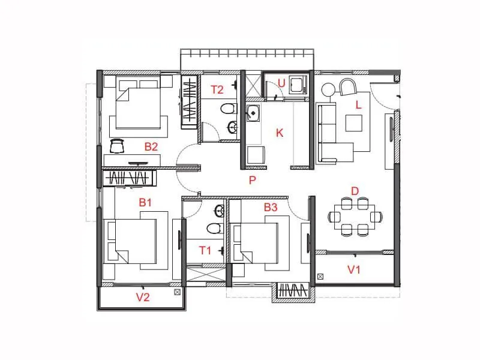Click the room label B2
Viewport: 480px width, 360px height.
pyautogui.click(x=151, y=146)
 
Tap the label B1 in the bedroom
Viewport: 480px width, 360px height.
pyautogui.click(x=145, y=203)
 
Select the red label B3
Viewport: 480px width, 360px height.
pyautogui.click(x=271, y=208)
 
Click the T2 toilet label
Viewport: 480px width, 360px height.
pyautogui.click(x=217, y=90)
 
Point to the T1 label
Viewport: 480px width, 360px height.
pyautogui.click(x=205, y=250)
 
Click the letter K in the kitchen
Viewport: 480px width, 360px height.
pyautogui.click(x=279, y=133)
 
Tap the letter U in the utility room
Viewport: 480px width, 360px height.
pyautogui.click(x=281, y=83)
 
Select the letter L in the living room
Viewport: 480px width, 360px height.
pyautogui.click(x=358, y=104)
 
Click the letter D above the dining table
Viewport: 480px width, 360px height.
pyautogui.click(x=355, y=191)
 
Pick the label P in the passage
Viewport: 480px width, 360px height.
pyautogui.click(x=253, y=179)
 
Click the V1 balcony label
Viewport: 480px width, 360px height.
pyautogui.click(x=354, y=269)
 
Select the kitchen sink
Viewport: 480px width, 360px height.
pyautogui.click(x=253, y=112)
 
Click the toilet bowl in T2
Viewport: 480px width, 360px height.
pyautogui.click(x=226, y=109)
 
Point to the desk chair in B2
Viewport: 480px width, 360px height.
pyautogui.click(x=118, y=145)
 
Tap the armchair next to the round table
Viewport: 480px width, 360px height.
pyautogui.click(x=347, y=88)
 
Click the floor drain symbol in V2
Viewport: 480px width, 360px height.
pyautogui.click(x=176, y=292)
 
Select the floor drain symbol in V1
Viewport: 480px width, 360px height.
pyautogui.click(x=320, y=277)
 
